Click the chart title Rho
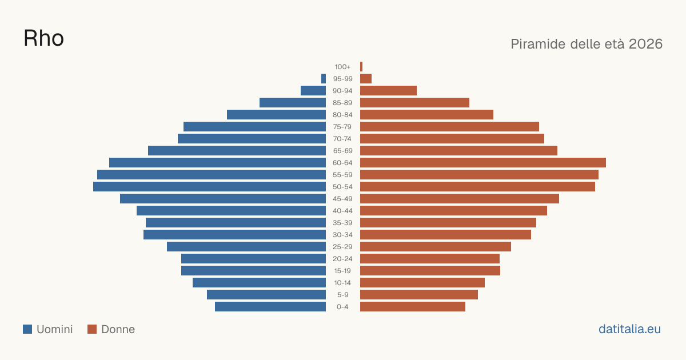pos(43,38)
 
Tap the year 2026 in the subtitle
pos(645,44)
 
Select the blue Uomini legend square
pos(27,329)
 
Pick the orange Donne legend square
pos(92,329)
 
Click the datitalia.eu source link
pos(629,329)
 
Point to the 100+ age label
pos(342,67)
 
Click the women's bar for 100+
pos(361,66)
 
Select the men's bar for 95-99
pos(324,79)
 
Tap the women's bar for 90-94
pos(388,91)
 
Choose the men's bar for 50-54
pos(209,187)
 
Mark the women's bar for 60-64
pos(483,162)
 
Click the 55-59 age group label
pos(342,175)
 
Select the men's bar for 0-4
pos(270,307)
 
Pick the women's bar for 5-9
pos(419,295)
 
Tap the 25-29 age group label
pos(342,247)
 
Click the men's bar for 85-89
pos(293,102)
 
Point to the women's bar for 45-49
pos(460,199)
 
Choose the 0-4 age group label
pos(342,307)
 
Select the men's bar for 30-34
pos(234,235)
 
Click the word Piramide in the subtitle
pos(538,44)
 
